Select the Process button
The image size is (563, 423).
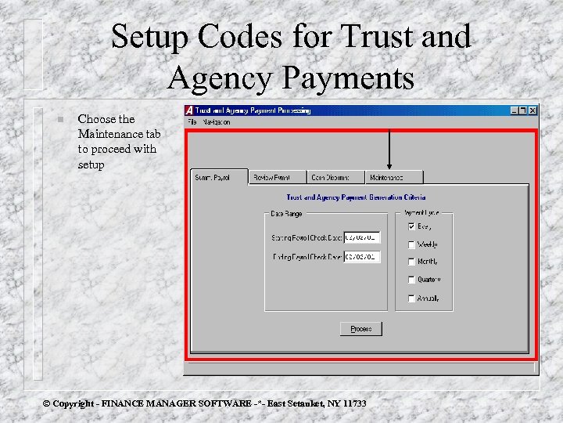pos(361,329)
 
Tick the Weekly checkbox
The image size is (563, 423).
pos(411,244)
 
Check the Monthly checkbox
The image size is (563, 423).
pos(411,262)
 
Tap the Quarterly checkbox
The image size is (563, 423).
pos(411,280)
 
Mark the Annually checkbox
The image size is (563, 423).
pos(411,298)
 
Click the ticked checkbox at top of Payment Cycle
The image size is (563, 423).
pos(411,226)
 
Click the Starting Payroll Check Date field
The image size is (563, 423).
pos(362,237)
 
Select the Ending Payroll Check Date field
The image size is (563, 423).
pos(362,256)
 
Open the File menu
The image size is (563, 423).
pos(192,122)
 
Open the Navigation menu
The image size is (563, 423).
pos(216,122)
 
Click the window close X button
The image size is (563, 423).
pos(533,110)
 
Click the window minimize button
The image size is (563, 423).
pos(514,110)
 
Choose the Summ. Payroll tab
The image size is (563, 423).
pos(219,178)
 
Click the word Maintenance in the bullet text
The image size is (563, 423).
pos(106,134)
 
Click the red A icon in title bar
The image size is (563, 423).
pos(190,110)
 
